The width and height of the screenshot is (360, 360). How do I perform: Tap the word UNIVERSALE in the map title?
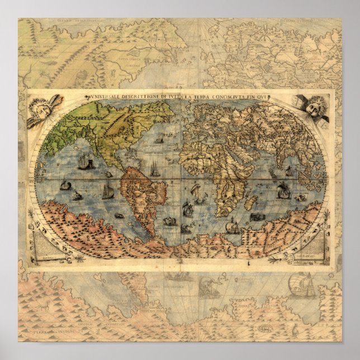pyautogui.click(x=101, y=97)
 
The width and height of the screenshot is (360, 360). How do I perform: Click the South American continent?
pyautogui.click(x=143, y=196)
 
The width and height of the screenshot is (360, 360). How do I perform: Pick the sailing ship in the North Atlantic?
pyautogui.click(x=159, y=137)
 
